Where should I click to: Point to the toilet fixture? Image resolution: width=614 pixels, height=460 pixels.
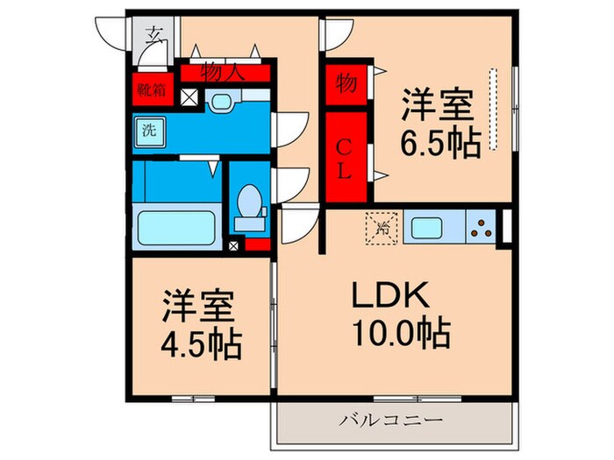pyautogui.click(x=251, y=204)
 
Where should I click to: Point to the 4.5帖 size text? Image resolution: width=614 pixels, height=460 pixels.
pyautogui.click(x=202, y=345)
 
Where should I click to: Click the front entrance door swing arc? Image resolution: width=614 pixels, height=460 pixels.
pyautogui.click(x=114, y=37)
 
